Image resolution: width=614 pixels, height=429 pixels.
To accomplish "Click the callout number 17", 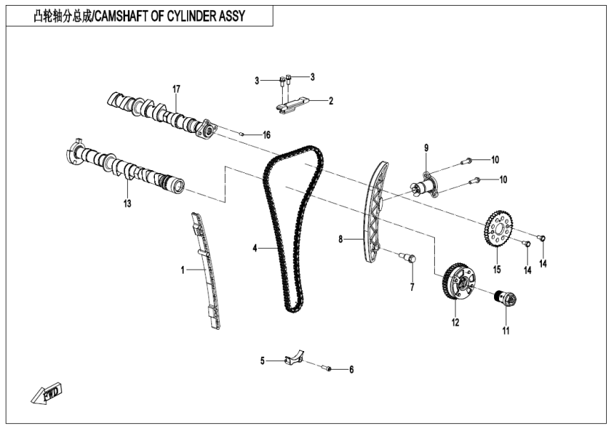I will [176, 89].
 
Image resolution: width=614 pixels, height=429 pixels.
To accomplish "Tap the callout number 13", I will [128, 203].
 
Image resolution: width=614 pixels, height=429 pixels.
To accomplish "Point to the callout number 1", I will [182, 270].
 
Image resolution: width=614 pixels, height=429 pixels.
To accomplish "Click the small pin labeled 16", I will [243, 132].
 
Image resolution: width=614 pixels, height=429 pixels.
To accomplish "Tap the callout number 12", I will [454, 322].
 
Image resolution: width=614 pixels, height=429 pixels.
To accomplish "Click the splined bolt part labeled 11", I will [507, 298].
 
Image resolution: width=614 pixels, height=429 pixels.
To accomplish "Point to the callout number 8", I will [341, 240].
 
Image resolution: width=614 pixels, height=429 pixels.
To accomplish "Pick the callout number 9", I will [426, 148].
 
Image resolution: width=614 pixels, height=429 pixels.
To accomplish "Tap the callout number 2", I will [331, 101].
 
